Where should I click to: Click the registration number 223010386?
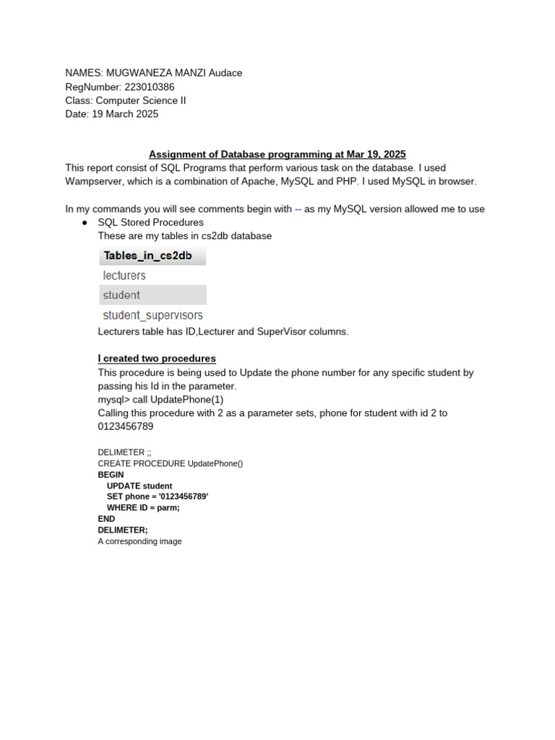tap(150, 87)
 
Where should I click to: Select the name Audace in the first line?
tap(225, 73)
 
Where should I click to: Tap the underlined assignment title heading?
tap(277, 154)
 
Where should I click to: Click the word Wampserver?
tap(93, 181)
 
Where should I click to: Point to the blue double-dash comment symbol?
tap(298, 209)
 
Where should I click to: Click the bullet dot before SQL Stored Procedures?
tap(85, 223)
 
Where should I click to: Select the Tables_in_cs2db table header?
tap(148, 256)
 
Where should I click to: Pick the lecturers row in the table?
tap(124, 275)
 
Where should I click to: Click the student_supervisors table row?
tap(152, 315)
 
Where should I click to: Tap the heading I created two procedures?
tap(157, 358)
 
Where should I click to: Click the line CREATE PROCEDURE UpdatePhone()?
tap(171, 463)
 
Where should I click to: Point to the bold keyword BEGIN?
tap(111, 475)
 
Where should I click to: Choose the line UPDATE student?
tap(139, 486)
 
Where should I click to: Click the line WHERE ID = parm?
tap(143, 507)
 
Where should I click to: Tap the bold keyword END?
tap(106, 519)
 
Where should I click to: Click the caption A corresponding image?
tap(139, 541)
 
